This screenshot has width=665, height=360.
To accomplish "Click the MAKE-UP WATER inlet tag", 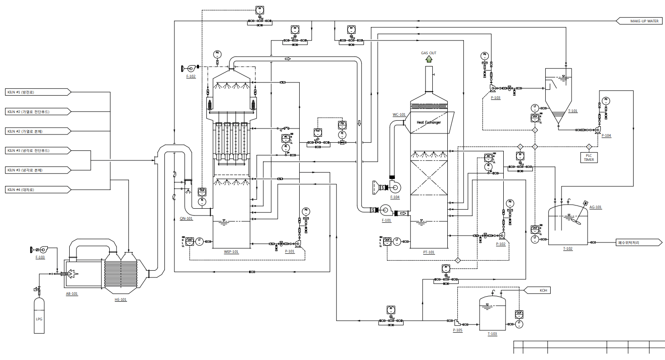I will [x=640, y=21].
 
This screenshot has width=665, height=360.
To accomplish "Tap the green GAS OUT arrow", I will [x=429, y=59].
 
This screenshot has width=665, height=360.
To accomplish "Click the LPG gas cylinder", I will [x=39, y=315].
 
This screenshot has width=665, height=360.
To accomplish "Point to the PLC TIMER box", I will [x=589, y=157].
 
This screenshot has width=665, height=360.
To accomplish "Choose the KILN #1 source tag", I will [x=36, y=92].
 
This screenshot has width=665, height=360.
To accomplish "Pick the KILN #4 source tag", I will [x=36, y=190].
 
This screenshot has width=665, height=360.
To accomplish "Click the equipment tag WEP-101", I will [x=231, y=251].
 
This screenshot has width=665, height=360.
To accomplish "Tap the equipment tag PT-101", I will [x=429, y=252].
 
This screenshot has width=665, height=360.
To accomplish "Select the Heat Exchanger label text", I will [x=429, y=123].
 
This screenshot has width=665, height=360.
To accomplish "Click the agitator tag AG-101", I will [x=595, y=207].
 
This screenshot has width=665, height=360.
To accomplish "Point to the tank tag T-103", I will [x=492, y=334].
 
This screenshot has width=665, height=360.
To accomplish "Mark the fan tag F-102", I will [x=191, y=76].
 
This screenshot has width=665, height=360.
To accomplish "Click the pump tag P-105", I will [x=457, y=330].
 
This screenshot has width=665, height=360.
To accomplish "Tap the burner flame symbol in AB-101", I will [x=72, y=273].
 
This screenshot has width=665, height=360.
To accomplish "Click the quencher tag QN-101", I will [x=186, y=218].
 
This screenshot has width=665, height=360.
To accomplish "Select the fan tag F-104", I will [x=394, y=197].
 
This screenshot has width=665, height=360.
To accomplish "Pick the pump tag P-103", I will [x=496, y=98].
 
